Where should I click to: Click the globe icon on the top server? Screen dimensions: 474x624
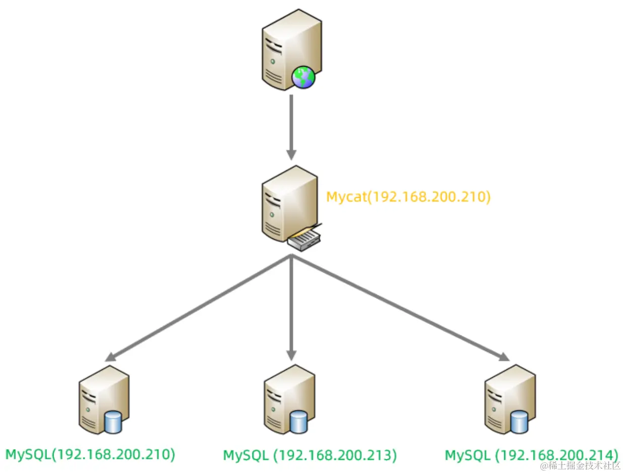(x=303, y=77)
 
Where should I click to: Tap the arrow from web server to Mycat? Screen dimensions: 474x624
(x=291, y=126)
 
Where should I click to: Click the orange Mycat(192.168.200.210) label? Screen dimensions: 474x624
(x=409, y=196)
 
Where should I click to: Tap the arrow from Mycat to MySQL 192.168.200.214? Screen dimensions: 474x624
(x=399, y=308)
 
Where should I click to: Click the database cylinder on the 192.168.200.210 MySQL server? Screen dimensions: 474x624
(x=114, y=422)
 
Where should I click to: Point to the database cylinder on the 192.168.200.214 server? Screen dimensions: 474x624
(x=519, y=422)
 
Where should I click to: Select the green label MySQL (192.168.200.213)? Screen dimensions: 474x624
(x=309, y=455)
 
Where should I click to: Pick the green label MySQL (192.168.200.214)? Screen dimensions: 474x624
(x=531, y=455)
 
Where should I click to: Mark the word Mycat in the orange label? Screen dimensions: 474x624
(x=345, y=196)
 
